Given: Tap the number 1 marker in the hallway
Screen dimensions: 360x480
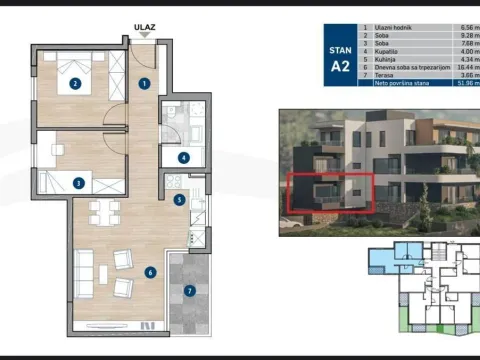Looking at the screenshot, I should (x=145, y=84).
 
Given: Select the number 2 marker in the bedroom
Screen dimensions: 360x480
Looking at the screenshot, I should (x=75, y=84).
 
